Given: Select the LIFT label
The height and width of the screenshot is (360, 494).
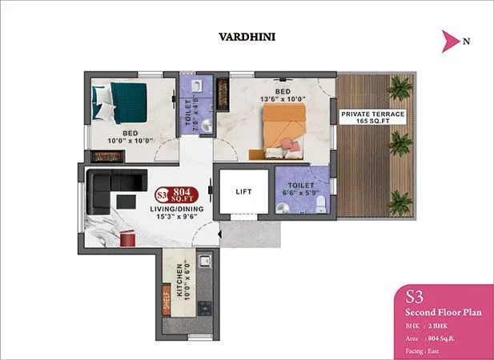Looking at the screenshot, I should pyautogui.click(x=245, y=192).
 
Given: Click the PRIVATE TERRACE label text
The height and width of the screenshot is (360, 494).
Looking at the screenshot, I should pyautogui.click(x=372, y=114).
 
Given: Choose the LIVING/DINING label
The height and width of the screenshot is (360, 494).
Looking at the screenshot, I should pyautogui.click(x=178, y=209).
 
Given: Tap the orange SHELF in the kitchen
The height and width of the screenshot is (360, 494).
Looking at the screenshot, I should pyautogui.click(x=166, y=302).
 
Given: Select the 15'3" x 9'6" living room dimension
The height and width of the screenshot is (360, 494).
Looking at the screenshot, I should pyautogui.click(x=178, y=217).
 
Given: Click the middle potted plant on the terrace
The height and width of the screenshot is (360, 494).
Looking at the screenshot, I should pyautogui.click(x=398, y=143).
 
